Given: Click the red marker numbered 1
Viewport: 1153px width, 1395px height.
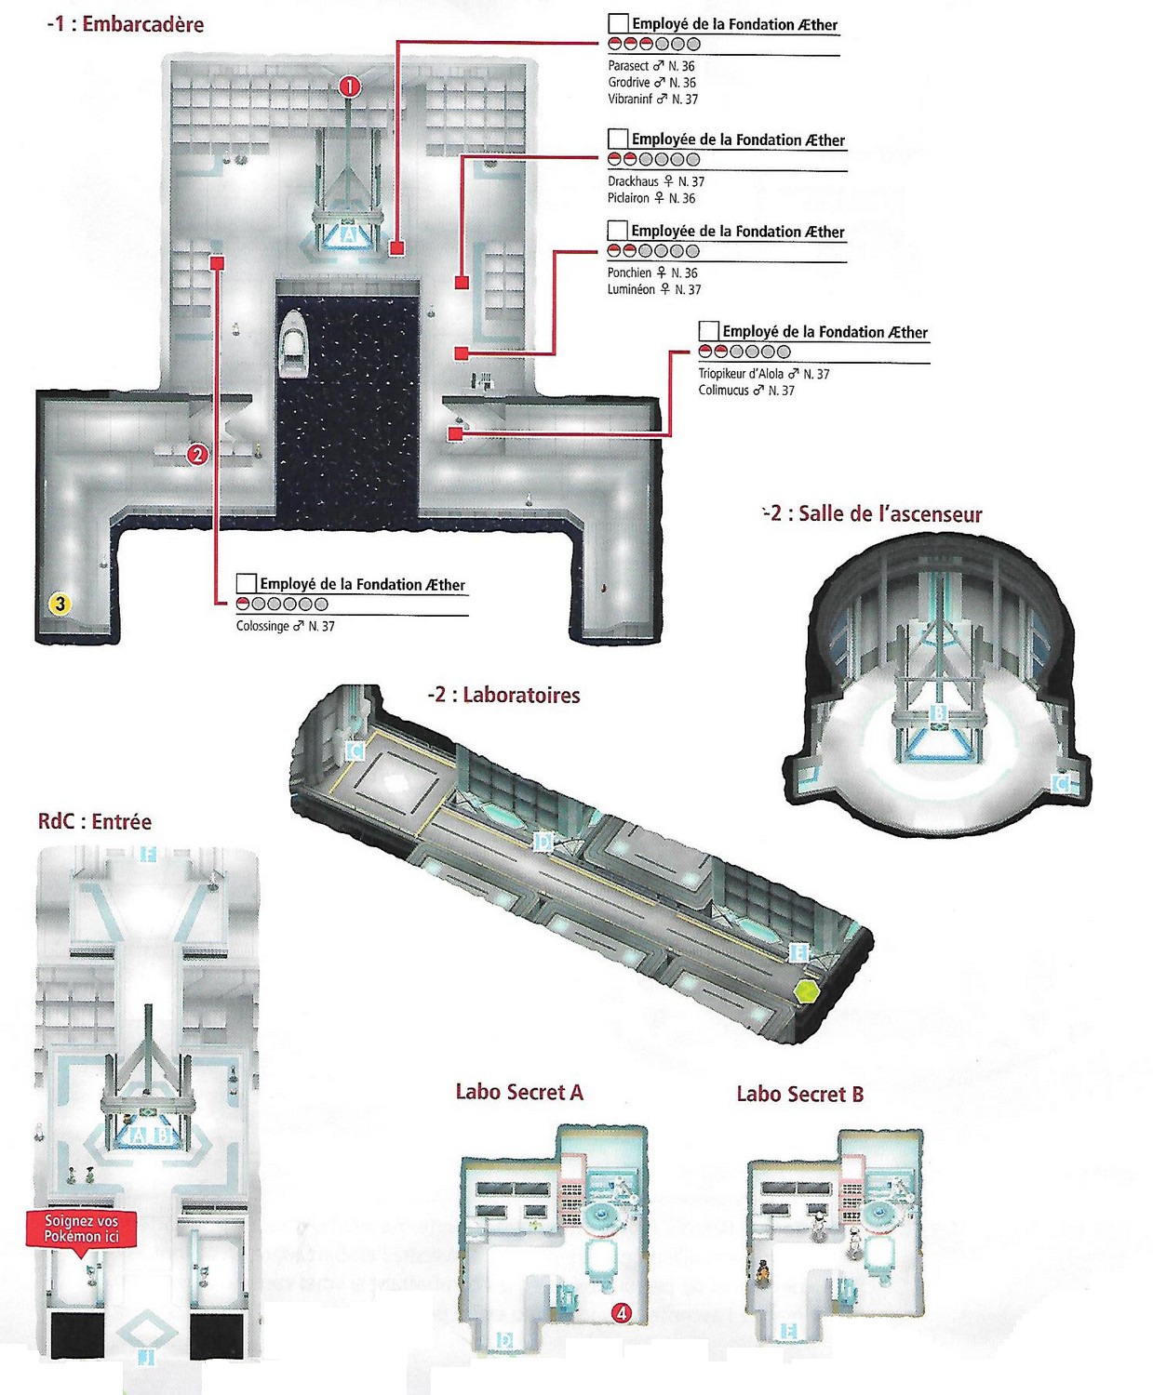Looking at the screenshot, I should (x=349, y=86).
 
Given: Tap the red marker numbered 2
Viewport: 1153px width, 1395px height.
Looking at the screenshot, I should (x=196, y=455).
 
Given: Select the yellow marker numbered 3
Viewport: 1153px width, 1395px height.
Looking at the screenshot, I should (x=60, y=604).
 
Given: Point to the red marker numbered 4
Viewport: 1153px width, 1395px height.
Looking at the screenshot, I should (x=621, y=1313).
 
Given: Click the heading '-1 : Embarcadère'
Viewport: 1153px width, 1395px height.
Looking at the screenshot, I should (x=125, y=24).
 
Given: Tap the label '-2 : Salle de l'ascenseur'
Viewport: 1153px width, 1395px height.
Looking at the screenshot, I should (x=872, y=514).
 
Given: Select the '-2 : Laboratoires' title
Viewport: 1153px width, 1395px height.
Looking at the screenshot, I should (x=503, y=695).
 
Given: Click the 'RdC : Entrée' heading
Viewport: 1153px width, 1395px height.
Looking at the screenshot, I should (x=94, y=821).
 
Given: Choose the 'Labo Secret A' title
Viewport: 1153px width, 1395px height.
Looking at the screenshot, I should (x=519, y=1092).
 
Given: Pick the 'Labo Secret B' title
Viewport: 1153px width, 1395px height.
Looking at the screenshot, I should (x=799, y=1094).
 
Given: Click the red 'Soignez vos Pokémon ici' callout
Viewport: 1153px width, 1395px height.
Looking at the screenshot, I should (x=82, y=1229).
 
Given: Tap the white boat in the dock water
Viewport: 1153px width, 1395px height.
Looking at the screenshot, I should (x=294, y=343).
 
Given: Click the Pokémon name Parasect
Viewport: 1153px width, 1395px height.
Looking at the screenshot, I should (x=628, y=66).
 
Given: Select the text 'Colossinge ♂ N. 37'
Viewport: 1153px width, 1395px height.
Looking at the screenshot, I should (x=285, y=626).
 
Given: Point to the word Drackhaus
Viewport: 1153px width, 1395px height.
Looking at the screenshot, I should (x=633, y=181).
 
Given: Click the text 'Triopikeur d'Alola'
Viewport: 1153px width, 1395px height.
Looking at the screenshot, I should (x=741, y=374).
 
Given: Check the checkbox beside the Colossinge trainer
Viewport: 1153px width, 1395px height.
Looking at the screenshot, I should (x=247, y=583).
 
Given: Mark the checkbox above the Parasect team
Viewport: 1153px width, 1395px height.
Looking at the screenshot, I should (x=618, y=23).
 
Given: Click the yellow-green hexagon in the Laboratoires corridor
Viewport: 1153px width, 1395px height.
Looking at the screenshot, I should (x=806, y=990).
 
